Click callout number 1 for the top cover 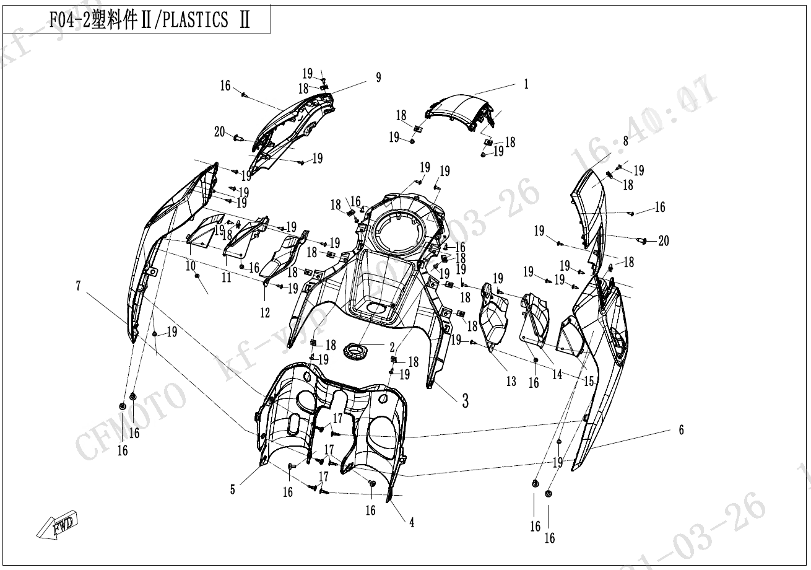click(x=526, y=84)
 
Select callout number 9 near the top click(x=378, y=77)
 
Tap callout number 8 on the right click(x=625, y=141)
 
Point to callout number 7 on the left click(x=79, y=286)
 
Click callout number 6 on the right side click(x=682, y=430)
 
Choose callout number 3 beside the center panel click(x=464, y=401)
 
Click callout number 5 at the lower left click(x=233, y=489)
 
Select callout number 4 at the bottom click(x=411, y=522)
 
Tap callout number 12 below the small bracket click(x=265, y=313)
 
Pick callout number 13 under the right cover click(x=511, y=381)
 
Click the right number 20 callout click(x=663, y=241)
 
